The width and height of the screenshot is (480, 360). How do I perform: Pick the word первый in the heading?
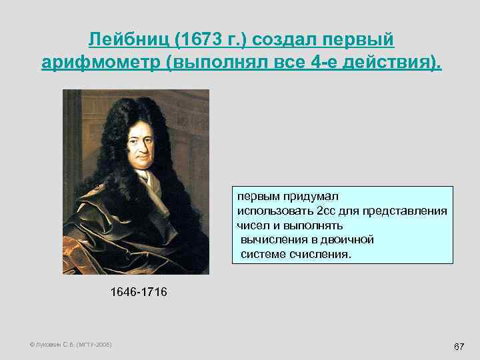click(x=361, y=40)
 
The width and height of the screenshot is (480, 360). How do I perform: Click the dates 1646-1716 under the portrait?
click(x=139, y=292)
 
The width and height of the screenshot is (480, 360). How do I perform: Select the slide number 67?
click(x=459, y=347)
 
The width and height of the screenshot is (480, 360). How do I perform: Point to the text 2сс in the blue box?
click(x=326, y=211)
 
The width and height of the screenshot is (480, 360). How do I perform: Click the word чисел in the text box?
click(x=251, y=225)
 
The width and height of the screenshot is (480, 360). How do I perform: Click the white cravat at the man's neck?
click(x=145, y=180)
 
